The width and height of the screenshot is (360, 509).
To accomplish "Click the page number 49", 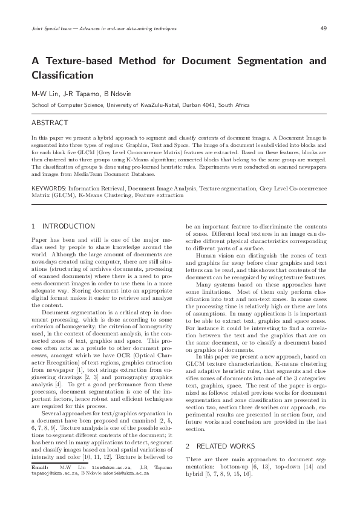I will pyautogui.click(x=324, y=28).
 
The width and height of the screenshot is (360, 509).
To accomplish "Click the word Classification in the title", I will pyautogui.click(x=62, y=76).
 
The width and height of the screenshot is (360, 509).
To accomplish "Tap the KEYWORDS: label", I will pyautogui.click(x=51, y=188).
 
